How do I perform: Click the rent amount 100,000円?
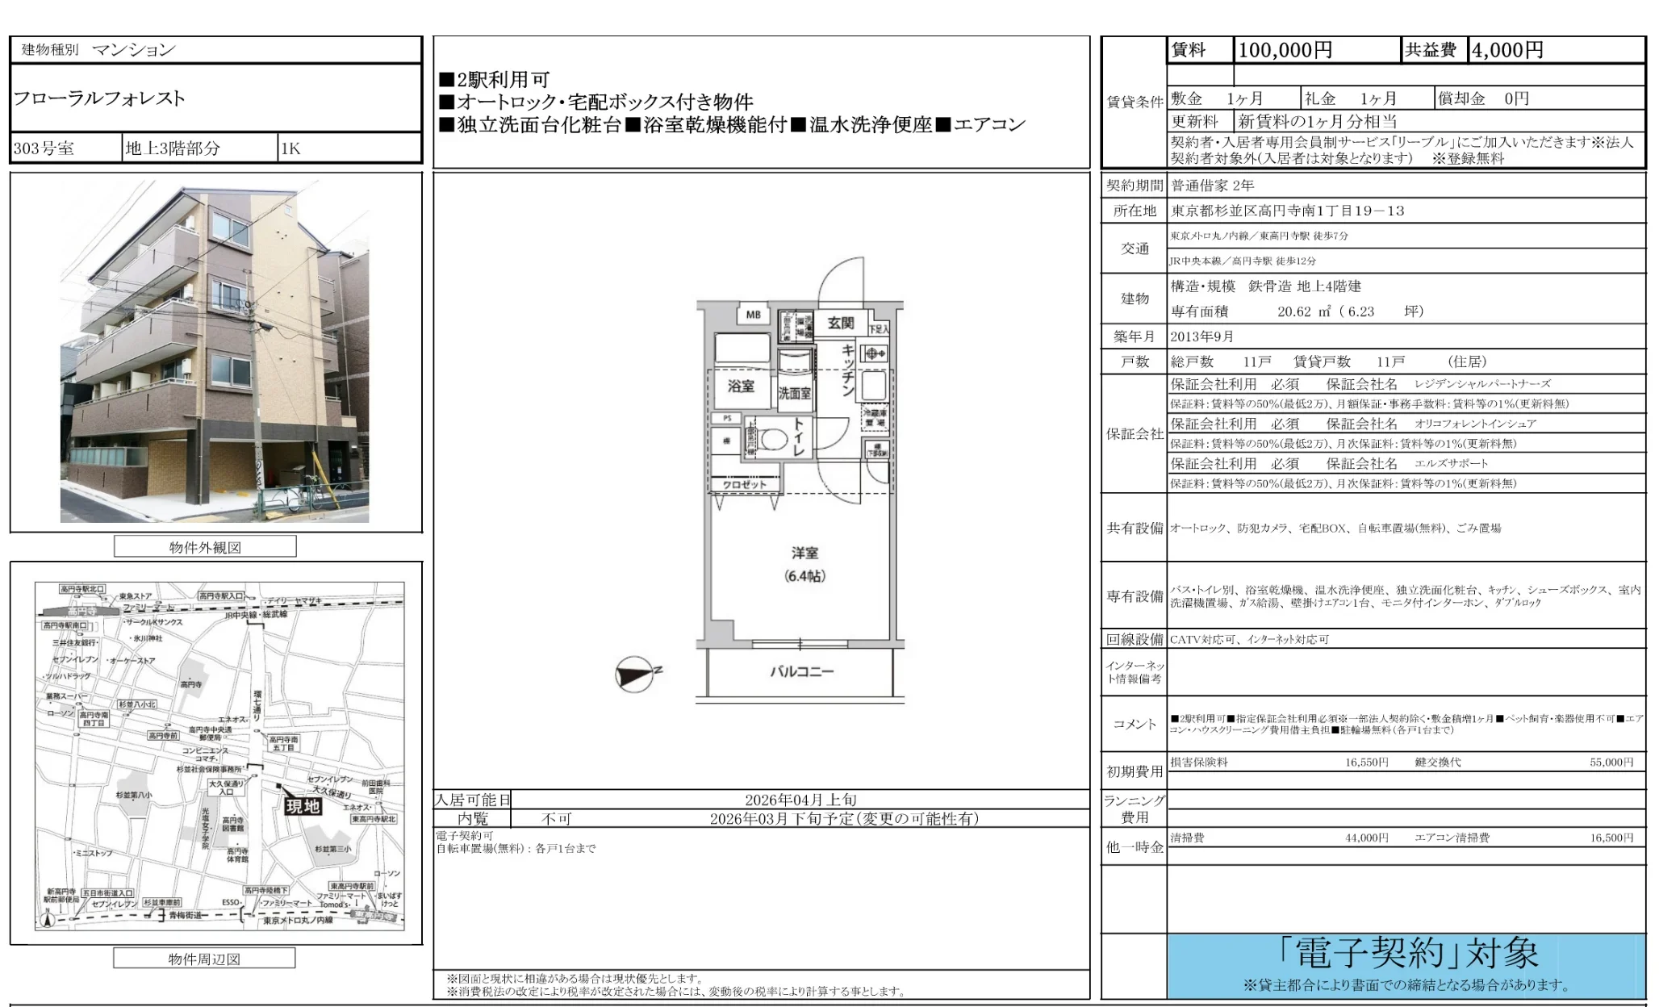click(1285, 50)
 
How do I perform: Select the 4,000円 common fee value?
click(1507, 50)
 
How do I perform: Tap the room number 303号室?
click(44, 148)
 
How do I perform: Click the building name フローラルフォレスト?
click(99, 98)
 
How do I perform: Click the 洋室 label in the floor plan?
click(804, 554)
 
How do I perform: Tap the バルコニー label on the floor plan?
click(801, 671)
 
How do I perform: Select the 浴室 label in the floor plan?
click(741, 387)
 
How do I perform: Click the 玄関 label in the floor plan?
click(840, 323)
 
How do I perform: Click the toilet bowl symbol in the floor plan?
click(774, 440)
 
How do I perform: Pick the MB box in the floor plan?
click(753, 315)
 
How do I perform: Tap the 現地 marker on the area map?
click(303, 805)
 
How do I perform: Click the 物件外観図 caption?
click(205, 547)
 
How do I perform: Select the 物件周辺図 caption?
click(204, 959)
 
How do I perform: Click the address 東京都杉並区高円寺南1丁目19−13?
click(1288, 211)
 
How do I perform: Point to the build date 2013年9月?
click(1202, 336)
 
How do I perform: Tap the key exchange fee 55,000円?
click(1611, 762)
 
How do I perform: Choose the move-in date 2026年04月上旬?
click(800, 800)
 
